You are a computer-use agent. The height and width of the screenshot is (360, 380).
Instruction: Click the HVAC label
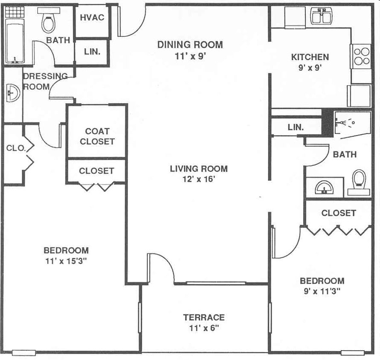(x=92, y=17)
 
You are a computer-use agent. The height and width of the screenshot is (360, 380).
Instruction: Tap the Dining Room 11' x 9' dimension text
(x=190, y=56)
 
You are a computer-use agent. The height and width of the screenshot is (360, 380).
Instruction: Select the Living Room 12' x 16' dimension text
(x=198, y=179)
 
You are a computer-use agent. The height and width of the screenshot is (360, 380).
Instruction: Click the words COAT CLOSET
(x=97, y=136)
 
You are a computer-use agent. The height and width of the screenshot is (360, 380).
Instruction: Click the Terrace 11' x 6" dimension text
(x=203, y=328)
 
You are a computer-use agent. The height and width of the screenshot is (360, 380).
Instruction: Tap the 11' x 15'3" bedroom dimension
(x=66, y=261)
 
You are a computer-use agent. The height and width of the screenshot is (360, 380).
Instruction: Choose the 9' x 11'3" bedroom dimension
(x=322, y=291)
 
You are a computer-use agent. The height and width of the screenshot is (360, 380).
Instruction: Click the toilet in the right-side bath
(x=359, y=183)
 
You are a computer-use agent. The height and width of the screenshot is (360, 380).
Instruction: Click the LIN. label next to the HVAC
(x=92, y=52)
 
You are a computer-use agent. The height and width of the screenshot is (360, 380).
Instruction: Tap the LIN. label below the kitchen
(x=296, y=127)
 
